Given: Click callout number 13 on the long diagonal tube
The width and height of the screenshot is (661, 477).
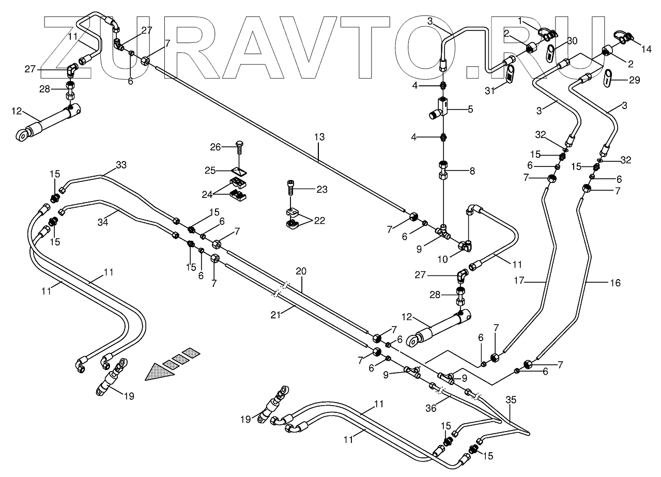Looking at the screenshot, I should coord(319,137).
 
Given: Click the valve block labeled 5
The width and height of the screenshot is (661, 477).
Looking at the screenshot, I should coord(441,107).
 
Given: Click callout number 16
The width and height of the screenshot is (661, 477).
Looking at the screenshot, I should coord(614,283).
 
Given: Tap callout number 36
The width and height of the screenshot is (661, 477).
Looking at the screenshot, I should coord(431,408).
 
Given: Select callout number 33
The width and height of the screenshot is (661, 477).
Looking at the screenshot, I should coord(120,165).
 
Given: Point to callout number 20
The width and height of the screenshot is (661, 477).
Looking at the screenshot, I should coord(301,271).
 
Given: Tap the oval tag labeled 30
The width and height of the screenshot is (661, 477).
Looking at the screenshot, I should coord(551,52).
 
